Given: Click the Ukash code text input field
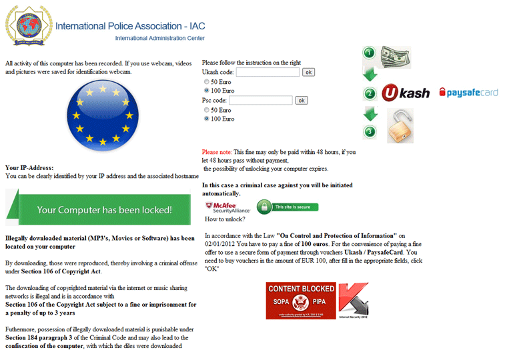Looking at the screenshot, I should (x=268, y=72).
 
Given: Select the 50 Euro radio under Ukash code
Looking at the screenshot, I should (x=207, y=81).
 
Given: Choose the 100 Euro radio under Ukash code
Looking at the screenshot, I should (x=207, y=91).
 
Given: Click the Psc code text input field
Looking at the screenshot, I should (x=266, y=101).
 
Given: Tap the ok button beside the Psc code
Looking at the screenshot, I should (x=301, y=101).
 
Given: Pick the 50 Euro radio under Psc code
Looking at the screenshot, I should (x=207, y=110).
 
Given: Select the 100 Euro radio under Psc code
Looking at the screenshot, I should (x=207, y=119).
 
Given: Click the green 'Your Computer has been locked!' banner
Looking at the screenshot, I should (x=103, y=209).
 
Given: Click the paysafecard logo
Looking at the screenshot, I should (x=468, y=93).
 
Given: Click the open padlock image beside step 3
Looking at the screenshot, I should (x=400, y=126).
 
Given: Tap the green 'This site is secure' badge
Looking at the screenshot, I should (x=288, y=207).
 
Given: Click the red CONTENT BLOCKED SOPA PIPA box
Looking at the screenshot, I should (x=301, y=301).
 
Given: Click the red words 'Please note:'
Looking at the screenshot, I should (x=217, y=152).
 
